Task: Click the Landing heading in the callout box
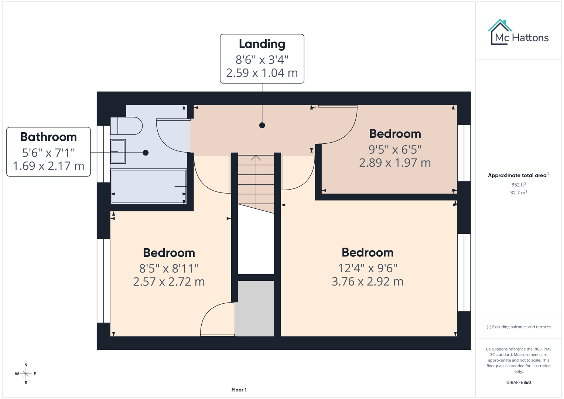tap(262, 44)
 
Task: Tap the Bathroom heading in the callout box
tap(48, 137)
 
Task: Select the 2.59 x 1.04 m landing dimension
tap(262, 73)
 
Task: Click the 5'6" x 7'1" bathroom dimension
tap(48, 152)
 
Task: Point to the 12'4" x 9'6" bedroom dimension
tap(367, 268)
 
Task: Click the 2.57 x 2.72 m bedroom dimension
tap(169, 282)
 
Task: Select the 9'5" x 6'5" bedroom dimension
tap(395, 149)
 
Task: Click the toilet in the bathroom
tap(126, 126)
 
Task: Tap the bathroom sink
tap(118, 151)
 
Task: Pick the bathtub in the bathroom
tap(148, 186)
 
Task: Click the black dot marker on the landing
tap(262, 125)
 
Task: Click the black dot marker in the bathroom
tap(146, 153)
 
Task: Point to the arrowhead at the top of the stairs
tap(256, 158)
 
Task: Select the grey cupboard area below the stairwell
tap(255, 308)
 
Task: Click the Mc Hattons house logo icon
tap(500, 32)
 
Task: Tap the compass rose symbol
tap(26, 374)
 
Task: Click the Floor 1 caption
tap(239, 390)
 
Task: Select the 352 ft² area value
tap(518, 185)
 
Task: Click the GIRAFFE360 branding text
tap(518, 382)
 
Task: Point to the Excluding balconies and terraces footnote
tap(518, 327)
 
